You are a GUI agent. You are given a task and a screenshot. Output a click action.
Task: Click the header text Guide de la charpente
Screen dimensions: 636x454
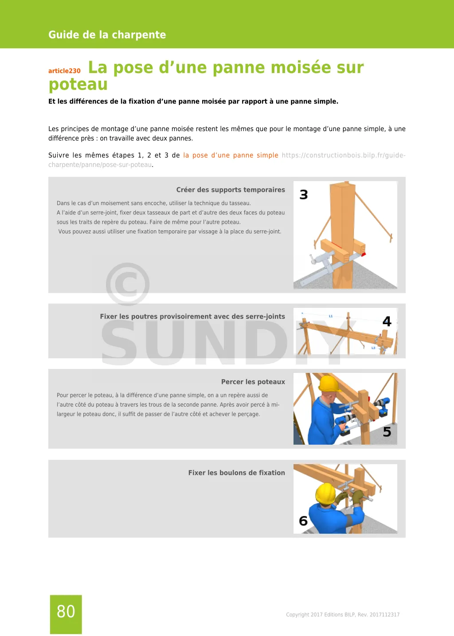click(x=107, y=35)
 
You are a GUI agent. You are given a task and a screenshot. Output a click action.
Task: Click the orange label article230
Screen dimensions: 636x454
click(x=64, y=71)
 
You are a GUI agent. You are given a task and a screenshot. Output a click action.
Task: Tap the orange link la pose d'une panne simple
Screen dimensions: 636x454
click(x=231, y=155)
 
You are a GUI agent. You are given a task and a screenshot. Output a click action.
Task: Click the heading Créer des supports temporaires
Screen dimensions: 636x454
click(x=231, y=190)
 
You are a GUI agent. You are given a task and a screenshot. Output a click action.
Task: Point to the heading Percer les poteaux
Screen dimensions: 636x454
click(x=253, y=382)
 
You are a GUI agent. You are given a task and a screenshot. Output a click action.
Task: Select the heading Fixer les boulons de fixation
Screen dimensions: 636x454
click(x=236, y=473)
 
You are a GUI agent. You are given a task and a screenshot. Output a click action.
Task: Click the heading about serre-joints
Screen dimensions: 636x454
click(x=192, y=317)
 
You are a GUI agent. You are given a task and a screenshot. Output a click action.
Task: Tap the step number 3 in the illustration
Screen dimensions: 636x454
click(x=304, y=195)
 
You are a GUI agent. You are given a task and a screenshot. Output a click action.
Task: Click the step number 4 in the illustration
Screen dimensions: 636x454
click(x=387, y=321)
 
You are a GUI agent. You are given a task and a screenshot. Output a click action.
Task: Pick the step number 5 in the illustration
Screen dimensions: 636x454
click(x=387, y=432)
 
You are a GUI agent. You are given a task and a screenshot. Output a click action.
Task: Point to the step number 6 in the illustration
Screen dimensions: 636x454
click(x=303, y=521)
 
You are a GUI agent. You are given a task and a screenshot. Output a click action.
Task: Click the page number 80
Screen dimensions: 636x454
click(x=66, y=612)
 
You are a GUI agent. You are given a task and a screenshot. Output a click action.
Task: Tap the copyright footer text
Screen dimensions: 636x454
click(x=343, y=615)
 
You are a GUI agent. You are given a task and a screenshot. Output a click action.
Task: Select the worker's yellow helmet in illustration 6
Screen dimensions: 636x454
click(x=325, y=493)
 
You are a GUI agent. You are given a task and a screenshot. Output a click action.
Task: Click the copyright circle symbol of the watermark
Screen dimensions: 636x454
click(x=128, y=284)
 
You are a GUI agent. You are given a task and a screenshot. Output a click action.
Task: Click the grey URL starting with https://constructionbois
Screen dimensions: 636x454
click(x=344, y=155)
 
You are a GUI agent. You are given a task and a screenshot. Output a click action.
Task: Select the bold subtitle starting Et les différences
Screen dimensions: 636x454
click(x=193, y=101)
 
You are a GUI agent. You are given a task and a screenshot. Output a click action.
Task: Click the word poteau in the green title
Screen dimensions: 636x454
click(x=78, y=85)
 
